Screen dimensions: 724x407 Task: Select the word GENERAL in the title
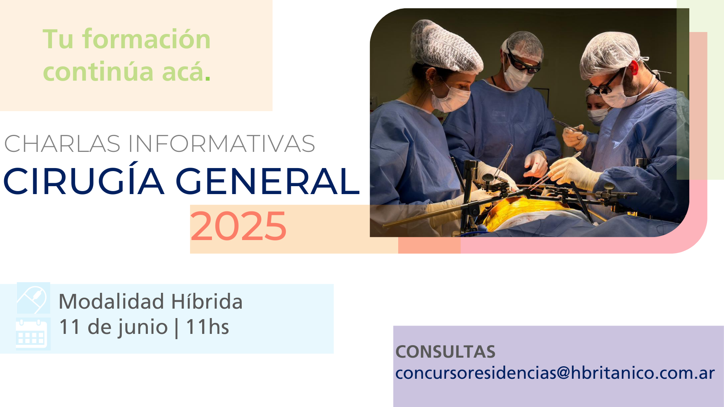point(268,181)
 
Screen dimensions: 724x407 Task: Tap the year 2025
point(238,226)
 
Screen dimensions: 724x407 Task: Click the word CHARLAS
point(62,144)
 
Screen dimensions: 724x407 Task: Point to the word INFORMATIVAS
point(221,144)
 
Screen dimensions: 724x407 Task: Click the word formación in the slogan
point(147,39)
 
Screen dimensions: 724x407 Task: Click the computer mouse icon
point(33,298)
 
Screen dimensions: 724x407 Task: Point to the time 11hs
point(207,327)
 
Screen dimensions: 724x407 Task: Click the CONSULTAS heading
point(445,352)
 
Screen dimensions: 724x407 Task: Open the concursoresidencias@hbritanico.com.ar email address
point(555,373)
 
